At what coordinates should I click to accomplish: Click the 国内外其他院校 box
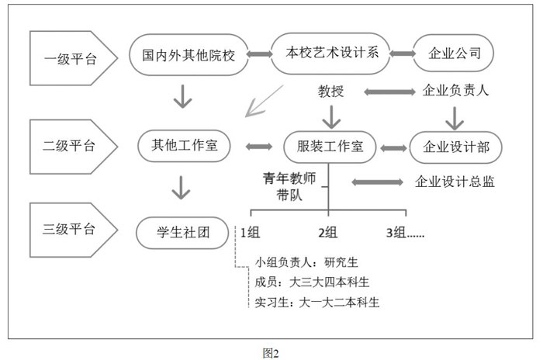pos(188,55)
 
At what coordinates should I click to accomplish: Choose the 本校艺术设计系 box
pos(330,54)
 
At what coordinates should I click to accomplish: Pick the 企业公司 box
pos(453,53)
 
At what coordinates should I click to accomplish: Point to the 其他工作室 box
pos(185,146)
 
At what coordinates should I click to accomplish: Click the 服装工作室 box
pos(330,147)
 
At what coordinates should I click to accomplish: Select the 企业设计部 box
pos(456,147)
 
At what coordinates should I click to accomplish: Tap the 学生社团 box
pos(182,233)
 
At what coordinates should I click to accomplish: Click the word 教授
pos(330,92)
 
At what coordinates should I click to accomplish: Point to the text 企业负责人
pos(455,91)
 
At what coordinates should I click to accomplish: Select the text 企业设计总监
pos(455,182)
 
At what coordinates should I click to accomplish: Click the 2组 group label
pos(327,232)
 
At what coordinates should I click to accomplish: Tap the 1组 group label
pos(250,232)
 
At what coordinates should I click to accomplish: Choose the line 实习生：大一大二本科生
pos(316,303)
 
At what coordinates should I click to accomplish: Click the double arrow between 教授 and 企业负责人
pos(389,92)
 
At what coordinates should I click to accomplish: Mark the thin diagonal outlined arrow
pos(265,101)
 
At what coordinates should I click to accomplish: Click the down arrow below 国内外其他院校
pos(182,97)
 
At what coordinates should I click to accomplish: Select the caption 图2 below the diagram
pos(271,353)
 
